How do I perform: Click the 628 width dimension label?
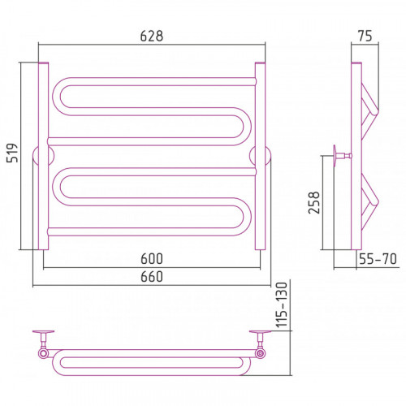point(152,36)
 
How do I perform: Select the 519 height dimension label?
point(12,153)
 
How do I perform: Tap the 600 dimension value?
point(152,259)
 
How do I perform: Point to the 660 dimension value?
point(152,277)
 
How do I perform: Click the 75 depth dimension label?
point(365,36)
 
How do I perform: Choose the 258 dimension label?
point(314,203)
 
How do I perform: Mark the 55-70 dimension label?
point(378,259)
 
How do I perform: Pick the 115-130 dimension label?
point(282,304)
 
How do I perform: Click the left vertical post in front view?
point(43,156)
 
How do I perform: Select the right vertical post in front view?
point(260,156)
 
